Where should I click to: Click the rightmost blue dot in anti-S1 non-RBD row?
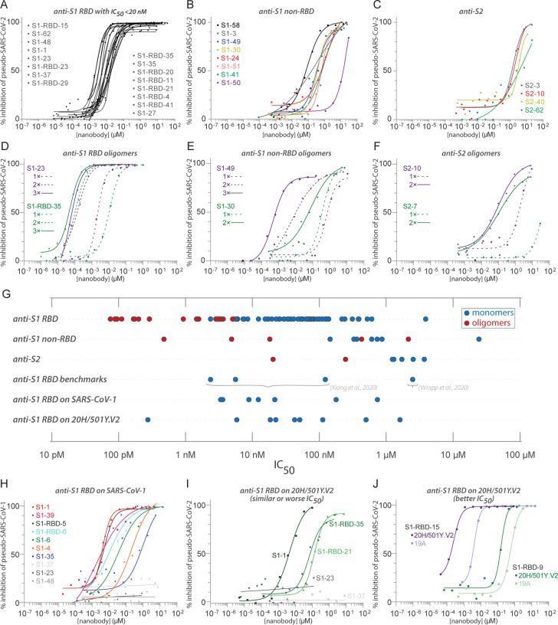coord(478,338)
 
